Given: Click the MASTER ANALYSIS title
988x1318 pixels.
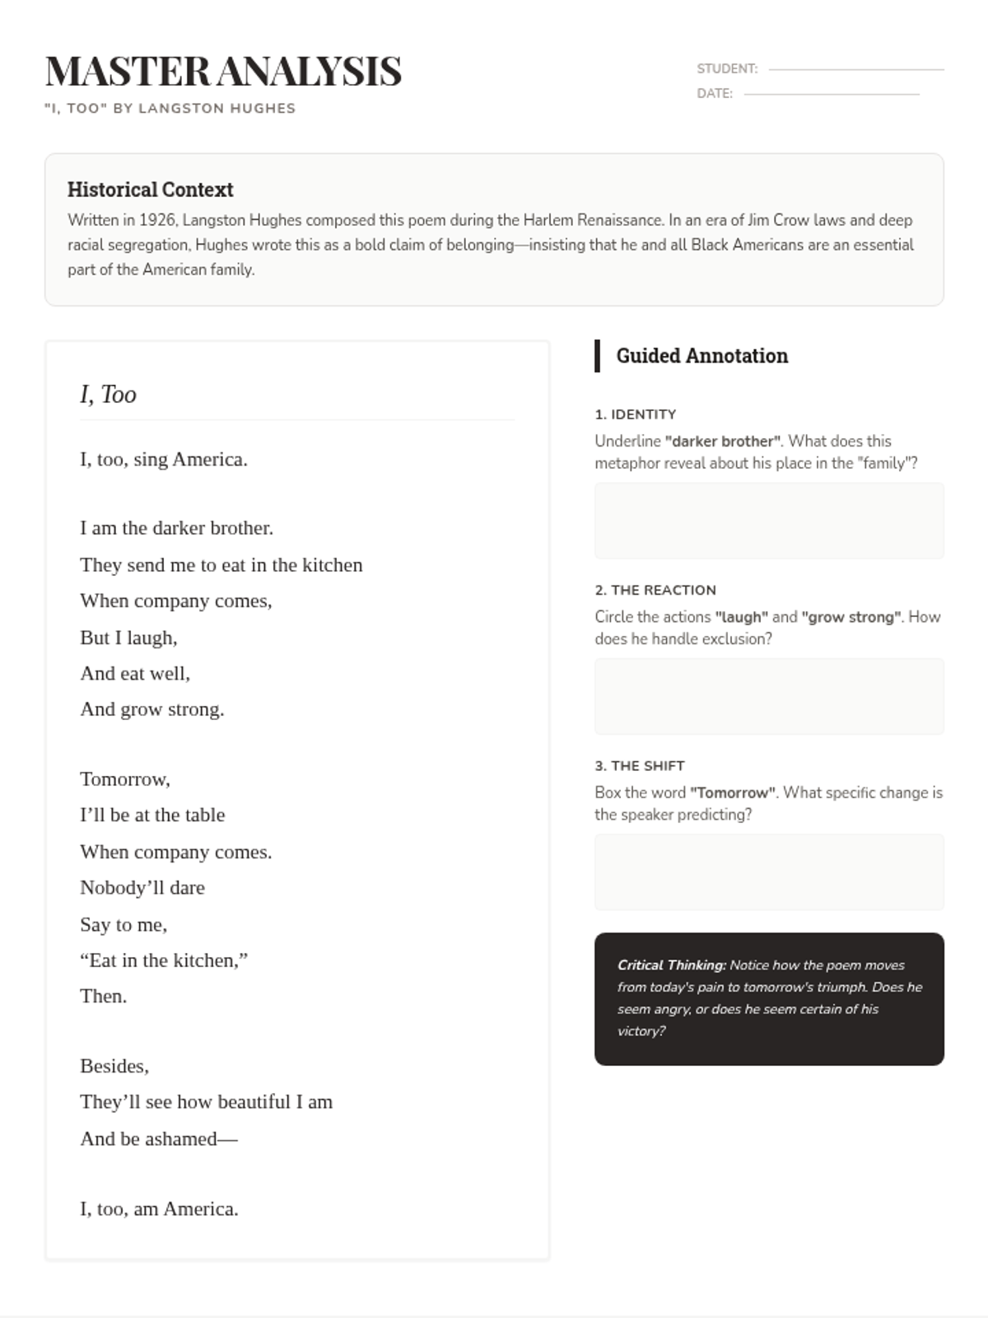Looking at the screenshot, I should (223, 72).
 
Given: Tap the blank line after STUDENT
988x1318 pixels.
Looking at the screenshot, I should (856, 70).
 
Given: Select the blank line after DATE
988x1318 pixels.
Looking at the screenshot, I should (832, 95).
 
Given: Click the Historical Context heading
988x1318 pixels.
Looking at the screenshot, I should (150, 190).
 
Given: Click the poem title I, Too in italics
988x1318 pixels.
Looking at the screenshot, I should (108, 395).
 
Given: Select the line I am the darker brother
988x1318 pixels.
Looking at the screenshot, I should (176, 528).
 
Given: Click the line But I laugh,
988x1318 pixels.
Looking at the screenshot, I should (128, 638).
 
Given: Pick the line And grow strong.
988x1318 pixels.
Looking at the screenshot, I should (151, 710).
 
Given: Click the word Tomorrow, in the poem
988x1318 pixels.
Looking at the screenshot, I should (124, 779).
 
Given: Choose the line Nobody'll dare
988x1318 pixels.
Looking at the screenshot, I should (142, 888).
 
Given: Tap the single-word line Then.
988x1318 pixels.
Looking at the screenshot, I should (103, 997).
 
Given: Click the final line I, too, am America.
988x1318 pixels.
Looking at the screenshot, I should (159, 1209).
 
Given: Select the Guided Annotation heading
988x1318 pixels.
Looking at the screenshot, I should (701, 356).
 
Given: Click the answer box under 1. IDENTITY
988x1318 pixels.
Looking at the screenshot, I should (769, 521).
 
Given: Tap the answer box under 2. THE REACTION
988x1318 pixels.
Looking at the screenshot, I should (769, 696).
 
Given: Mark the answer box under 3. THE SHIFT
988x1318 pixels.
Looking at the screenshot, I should (769, 872).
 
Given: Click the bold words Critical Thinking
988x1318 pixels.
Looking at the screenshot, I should (671, 965).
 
